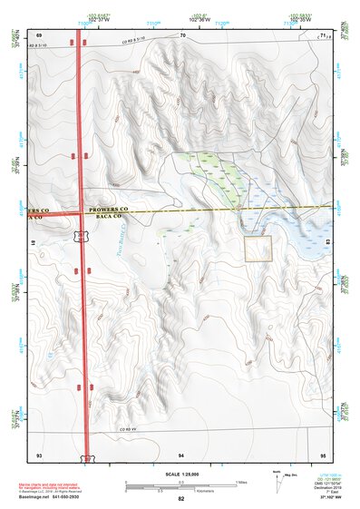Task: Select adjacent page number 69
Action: point(39,35)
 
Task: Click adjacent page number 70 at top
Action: point(182,35)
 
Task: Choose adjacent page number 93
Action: point(39,453)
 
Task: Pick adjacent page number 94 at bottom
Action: point(181,453)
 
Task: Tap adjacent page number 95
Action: point(324,453)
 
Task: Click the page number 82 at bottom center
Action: point(181,499)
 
